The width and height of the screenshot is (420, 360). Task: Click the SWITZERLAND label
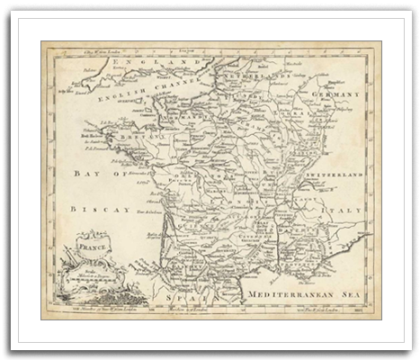[334, 171]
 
